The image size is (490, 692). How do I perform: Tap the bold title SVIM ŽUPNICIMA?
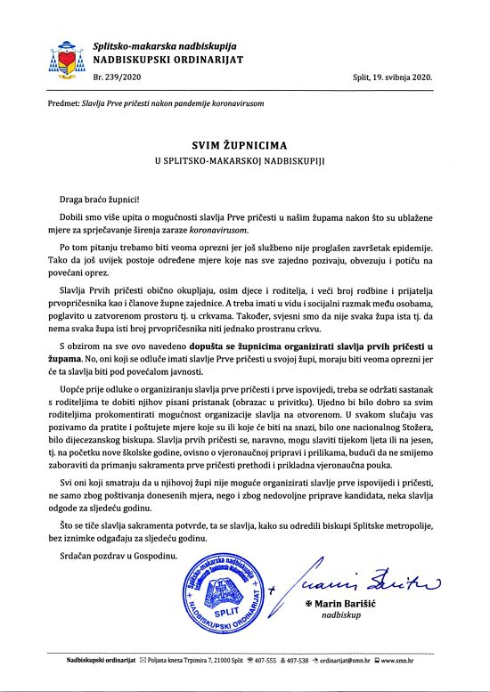click(x=244, y=142)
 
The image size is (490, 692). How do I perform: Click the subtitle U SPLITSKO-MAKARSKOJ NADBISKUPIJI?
click(x=244, y=159)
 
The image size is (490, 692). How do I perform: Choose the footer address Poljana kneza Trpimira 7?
click(x=184, y=660)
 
